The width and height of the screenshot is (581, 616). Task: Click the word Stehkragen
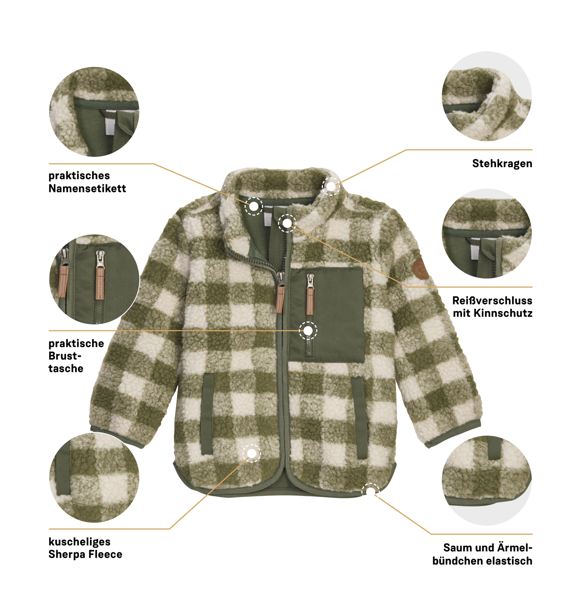[x=502, y=163]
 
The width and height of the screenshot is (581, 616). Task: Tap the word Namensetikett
[x=87, y=188]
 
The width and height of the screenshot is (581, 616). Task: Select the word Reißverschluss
[x=492, y=300]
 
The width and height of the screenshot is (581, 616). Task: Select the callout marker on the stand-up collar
[x=331, y=186]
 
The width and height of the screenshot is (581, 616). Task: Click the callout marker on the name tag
[x=254, y=206]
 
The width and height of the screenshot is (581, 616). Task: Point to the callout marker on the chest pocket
[x=308, y=330]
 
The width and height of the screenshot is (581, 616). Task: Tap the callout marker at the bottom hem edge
[x=370, y=491]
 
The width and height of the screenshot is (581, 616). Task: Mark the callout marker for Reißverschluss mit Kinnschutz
[x=287, y=223]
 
